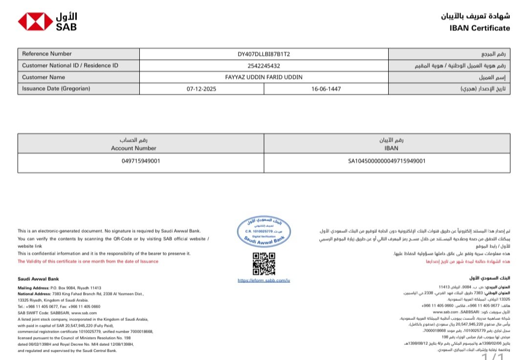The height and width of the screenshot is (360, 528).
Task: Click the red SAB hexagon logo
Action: coord(35,22)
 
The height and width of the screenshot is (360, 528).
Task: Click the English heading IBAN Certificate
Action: coord(479,28)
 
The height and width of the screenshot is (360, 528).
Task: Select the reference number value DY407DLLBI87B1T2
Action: coord(264,54)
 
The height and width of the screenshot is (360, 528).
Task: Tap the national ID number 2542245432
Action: coord(264,66)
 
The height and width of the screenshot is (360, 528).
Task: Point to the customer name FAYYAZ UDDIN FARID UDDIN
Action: coord(264,77)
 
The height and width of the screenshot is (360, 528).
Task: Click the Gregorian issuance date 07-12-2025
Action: coord(201,89)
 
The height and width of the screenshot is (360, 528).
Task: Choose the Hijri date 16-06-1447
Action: coord(326,89)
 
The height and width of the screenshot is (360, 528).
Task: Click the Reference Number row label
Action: coord(47,54)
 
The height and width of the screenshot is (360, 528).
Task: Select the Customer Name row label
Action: coord(44,77)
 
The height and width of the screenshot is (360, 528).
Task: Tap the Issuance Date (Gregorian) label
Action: coord(56,89)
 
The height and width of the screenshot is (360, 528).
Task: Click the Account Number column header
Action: coord(133,148)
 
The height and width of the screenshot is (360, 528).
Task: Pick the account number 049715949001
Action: coord(141,161)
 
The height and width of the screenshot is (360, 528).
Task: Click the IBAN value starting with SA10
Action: coord(387,161)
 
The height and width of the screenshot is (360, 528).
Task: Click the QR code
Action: coord(264,264)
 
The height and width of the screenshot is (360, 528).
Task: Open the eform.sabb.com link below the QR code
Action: coord(264,281)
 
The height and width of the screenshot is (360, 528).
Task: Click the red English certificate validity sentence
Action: coord(88,261)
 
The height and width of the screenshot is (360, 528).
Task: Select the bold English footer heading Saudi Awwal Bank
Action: coord(38,279)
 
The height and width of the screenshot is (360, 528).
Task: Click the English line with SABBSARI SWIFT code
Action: coord(57,313)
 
